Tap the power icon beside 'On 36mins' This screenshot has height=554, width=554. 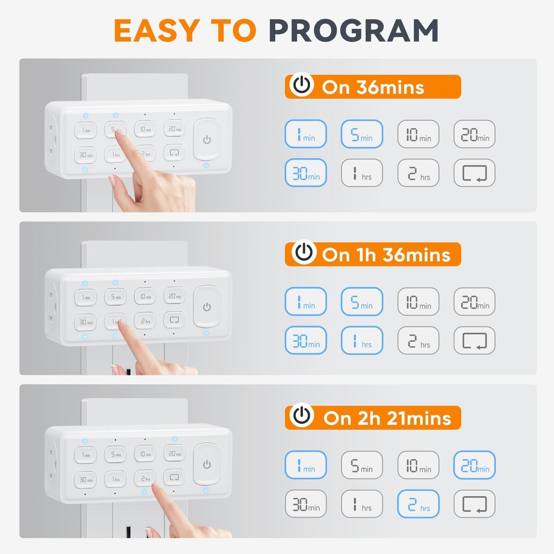click(x=301, y=86)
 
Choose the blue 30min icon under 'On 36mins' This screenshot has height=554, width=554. click(x=306, y=173)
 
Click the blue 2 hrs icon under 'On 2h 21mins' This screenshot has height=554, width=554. click(x=418, y=504)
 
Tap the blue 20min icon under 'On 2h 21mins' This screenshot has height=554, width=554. click(x=475, y=465)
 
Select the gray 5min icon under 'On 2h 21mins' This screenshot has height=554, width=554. click(x=362, y=465)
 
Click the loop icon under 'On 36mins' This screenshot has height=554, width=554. click(x=475, y=173)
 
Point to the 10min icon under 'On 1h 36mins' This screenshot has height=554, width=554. click(x=418, y=302)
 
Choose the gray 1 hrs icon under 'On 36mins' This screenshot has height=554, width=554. click(x=362, y=173)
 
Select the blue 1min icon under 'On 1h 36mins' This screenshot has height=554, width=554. click(x=306, y=302)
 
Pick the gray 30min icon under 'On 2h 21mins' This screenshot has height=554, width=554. click(x=306, y=504)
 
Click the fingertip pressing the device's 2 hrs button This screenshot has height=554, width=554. click(x=153, y=486)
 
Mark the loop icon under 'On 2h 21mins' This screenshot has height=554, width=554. click(x=475, y=504)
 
